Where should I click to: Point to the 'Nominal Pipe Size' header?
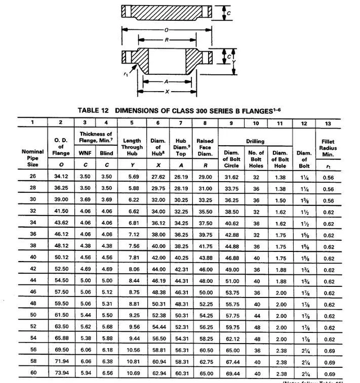coord(33,155)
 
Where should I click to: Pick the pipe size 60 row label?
coord(33,373)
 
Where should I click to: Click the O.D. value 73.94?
coord(60,373)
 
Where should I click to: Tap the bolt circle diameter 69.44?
coord(232,373)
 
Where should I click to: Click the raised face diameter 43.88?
coord(205,257)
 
